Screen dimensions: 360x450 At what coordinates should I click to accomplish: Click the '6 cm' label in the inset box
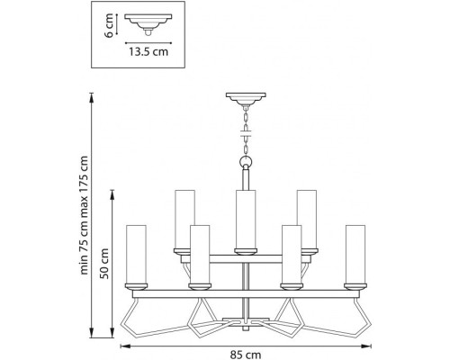[x=107, y=26]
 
